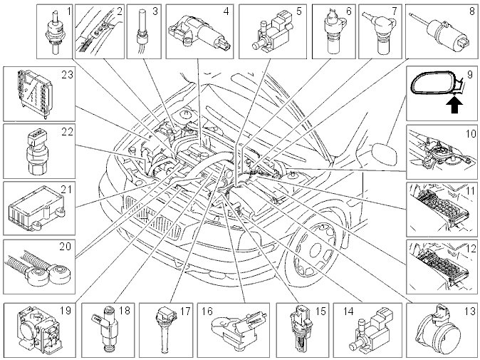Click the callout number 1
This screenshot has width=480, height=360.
(x=68, y=11)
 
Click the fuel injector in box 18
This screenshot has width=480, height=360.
(x=104, y=329)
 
